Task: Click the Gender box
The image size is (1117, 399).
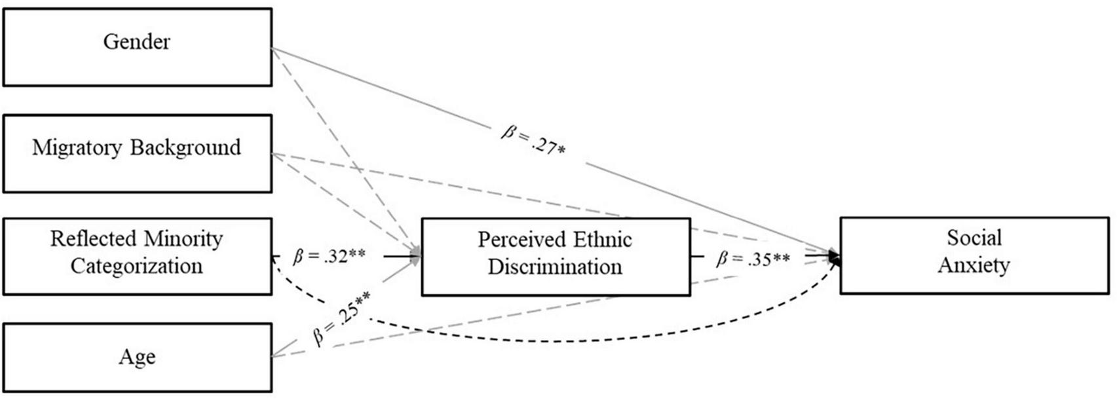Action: click(137, 47)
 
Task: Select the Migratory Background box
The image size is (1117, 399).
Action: click(137, 153)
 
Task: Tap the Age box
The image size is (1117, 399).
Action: click(137, 357)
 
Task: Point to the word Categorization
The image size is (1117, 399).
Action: click(136, 266)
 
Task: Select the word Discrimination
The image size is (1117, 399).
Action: click(555, 267)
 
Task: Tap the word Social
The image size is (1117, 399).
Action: click(974, 238)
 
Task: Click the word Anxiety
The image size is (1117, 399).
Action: click(974, 265)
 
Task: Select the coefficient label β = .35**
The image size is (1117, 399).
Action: click(753, 259)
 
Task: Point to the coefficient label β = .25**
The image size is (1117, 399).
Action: click(341, 318)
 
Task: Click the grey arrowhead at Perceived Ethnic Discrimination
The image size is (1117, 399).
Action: click(415, 256)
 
